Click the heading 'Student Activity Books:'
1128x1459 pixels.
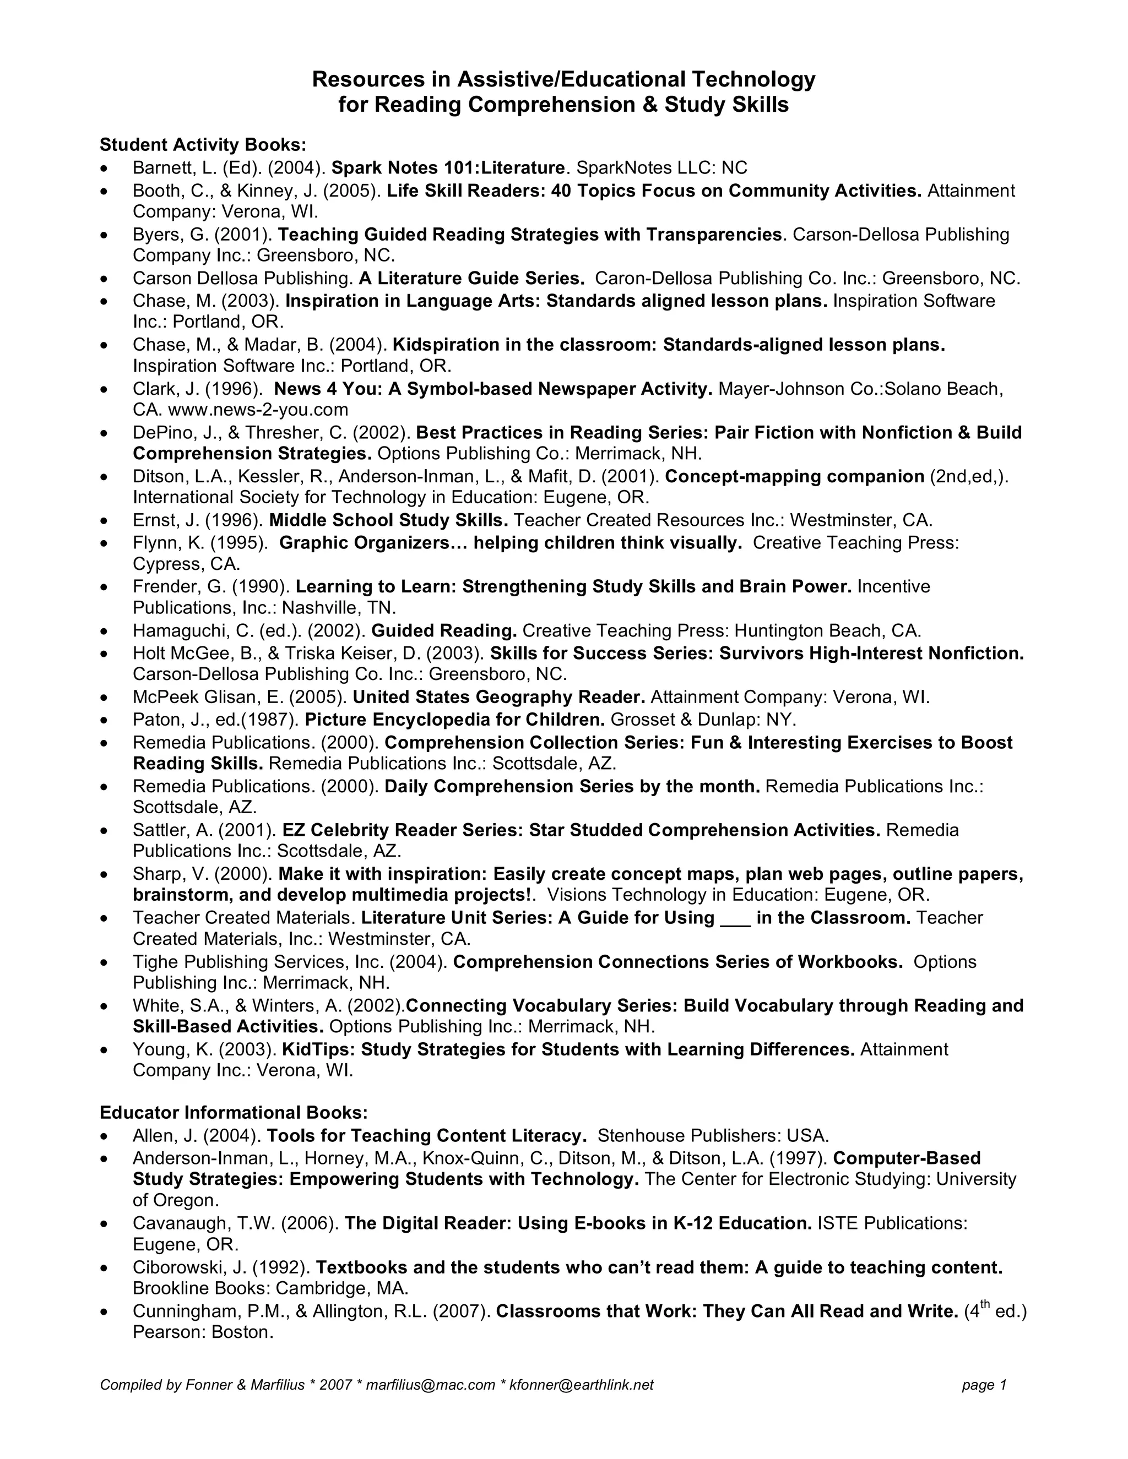pyautogui.click(x=203, y=145)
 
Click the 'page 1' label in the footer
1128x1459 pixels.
pyautogui.click(x=984, y=1385)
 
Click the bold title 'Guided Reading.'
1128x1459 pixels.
pyautogui.click(x=444, y=630)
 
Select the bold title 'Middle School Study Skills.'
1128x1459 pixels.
pyautogui.click(x=388, y=520)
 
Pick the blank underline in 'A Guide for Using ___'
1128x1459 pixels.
pyautogui.click(x=735, y=918)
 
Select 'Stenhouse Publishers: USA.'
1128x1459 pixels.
pyautogui.click(x=713, y=1136)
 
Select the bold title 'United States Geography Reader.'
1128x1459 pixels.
pyautogui.click(x=498, y=697)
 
